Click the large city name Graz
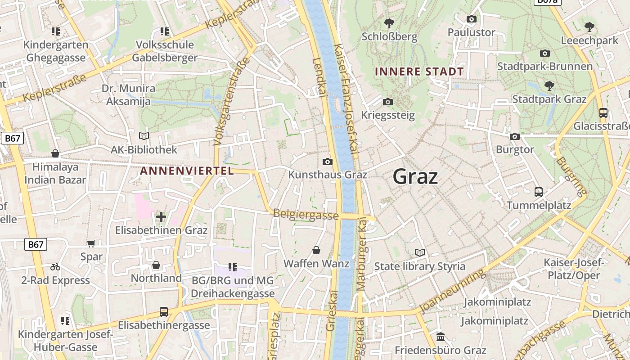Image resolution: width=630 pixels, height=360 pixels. click(x=415, y=176)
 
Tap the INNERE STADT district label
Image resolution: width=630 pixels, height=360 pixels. click(x=419, y=72)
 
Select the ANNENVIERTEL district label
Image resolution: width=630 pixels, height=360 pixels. click(x=187, y=171)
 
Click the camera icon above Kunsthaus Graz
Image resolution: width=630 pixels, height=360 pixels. click(x=328, y=162)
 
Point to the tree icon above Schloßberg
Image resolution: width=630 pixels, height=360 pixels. click(x=389, y=23)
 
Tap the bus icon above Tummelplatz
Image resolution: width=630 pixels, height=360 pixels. click(x=538, y=192)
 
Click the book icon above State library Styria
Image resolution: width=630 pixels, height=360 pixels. click(x=420, y=253)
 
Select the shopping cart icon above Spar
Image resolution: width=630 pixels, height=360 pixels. click(x=91, y=243)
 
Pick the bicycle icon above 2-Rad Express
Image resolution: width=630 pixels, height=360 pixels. click(x=55, y=267)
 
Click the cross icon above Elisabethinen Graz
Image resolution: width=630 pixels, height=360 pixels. click(x=161, y=217)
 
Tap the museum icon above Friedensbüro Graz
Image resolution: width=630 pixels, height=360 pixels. click(x=441, y=337)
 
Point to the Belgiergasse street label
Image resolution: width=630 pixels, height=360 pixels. click(x=306, y=215)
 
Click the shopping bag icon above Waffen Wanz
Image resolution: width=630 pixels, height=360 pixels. click(x=316, y=250)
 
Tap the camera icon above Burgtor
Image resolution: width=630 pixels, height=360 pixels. click(x=515, y=136)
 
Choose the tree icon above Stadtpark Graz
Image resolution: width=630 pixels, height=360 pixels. click(x=549, y=85)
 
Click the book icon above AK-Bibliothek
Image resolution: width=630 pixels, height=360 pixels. click(x=144, y=136)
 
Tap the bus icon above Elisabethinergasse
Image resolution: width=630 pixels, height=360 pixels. click(x=164, y=311)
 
